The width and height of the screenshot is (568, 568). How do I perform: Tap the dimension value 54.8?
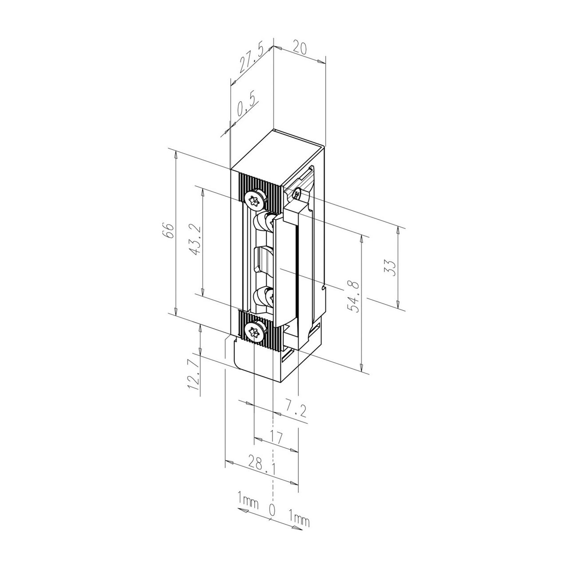coord(355,296)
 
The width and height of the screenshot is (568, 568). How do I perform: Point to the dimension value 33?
coord(390,267)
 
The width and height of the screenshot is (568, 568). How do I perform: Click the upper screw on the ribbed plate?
coord(256,200)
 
